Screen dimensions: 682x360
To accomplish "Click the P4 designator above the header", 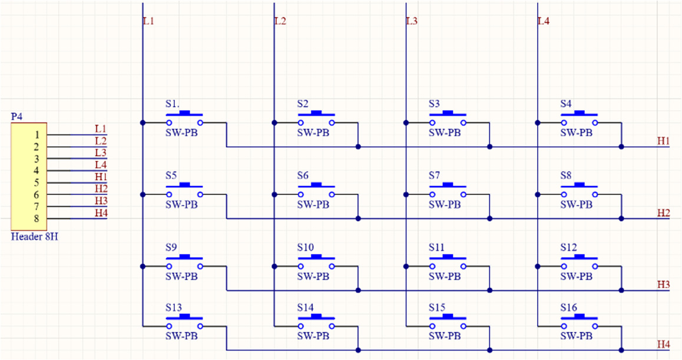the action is point(16,117).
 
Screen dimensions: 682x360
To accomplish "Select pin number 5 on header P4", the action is point(37,183).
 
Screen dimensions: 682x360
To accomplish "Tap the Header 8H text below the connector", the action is point(34,237).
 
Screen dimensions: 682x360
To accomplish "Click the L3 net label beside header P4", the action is point(101,153).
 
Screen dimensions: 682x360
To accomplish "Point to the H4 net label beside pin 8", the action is point(101,213).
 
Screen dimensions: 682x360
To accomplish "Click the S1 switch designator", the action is point(172,104).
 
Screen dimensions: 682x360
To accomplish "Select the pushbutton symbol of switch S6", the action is point(316,190).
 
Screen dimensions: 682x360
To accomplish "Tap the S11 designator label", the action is point(436,247).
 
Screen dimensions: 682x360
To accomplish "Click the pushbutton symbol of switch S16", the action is point(580,322).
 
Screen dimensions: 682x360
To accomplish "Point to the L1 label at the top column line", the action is point(149,21).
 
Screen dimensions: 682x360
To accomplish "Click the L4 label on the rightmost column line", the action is point(544,21).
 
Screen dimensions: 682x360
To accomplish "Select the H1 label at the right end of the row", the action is point(663,141).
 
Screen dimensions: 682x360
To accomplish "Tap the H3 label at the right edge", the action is point(663,285).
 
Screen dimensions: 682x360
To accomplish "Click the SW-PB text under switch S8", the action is point(577,204).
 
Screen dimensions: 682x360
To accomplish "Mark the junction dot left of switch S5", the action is point(143,194).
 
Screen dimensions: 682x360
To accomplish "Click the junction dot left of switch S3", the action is point(406,123).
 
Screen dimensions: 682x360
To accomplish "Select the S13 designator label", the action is point(174,308).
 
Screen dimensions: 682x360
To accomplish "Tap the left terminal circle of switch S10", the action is point(300,266).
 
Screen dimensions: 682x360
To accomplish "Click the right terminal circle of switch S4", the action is point(595,123).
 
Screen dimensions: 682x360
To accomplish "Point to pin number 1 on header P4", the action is point(37,135).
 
